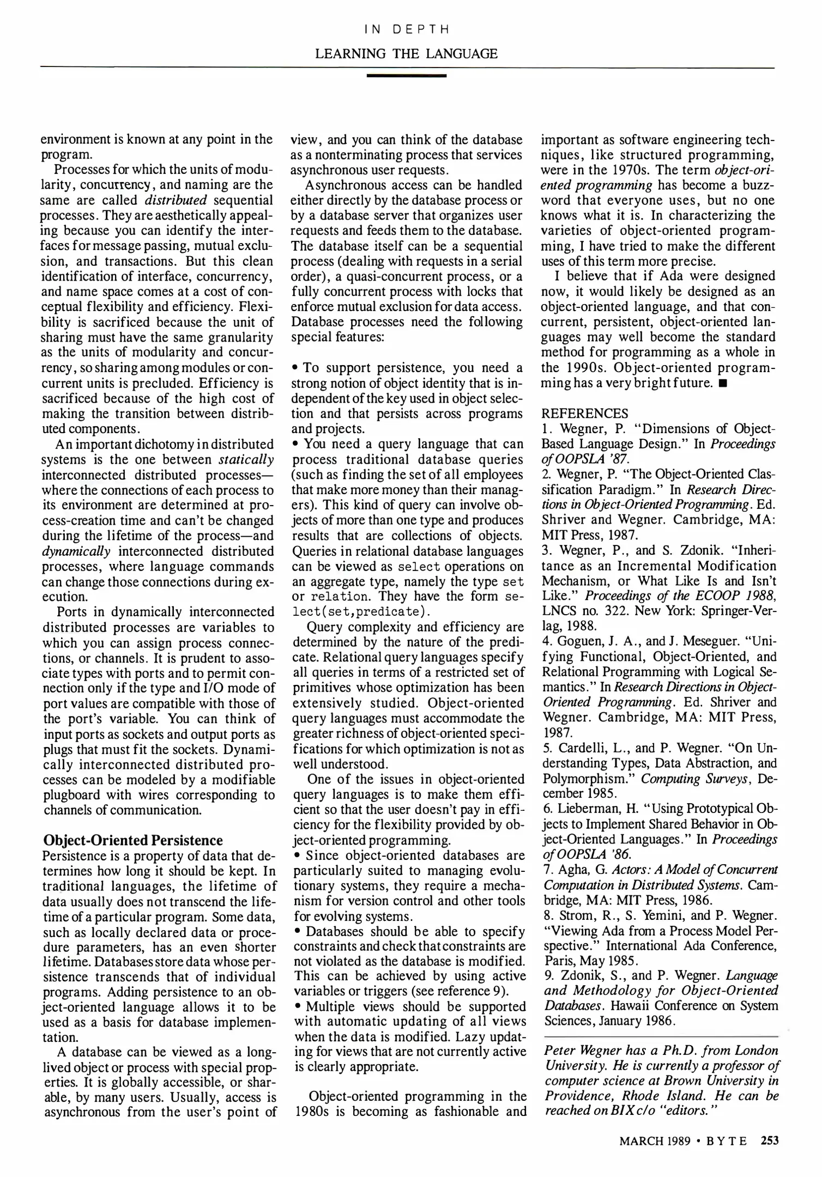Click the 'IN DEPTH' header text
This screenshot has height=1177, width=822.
(x=407, y=29)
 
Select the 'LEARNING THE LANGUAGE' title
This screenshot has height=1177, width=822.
(x=407, y=53)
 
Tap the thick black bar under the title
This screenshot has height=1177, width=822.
(x=407, y=76)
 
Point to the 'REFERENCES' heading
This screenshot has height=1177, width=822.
(x=584, y=414)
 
